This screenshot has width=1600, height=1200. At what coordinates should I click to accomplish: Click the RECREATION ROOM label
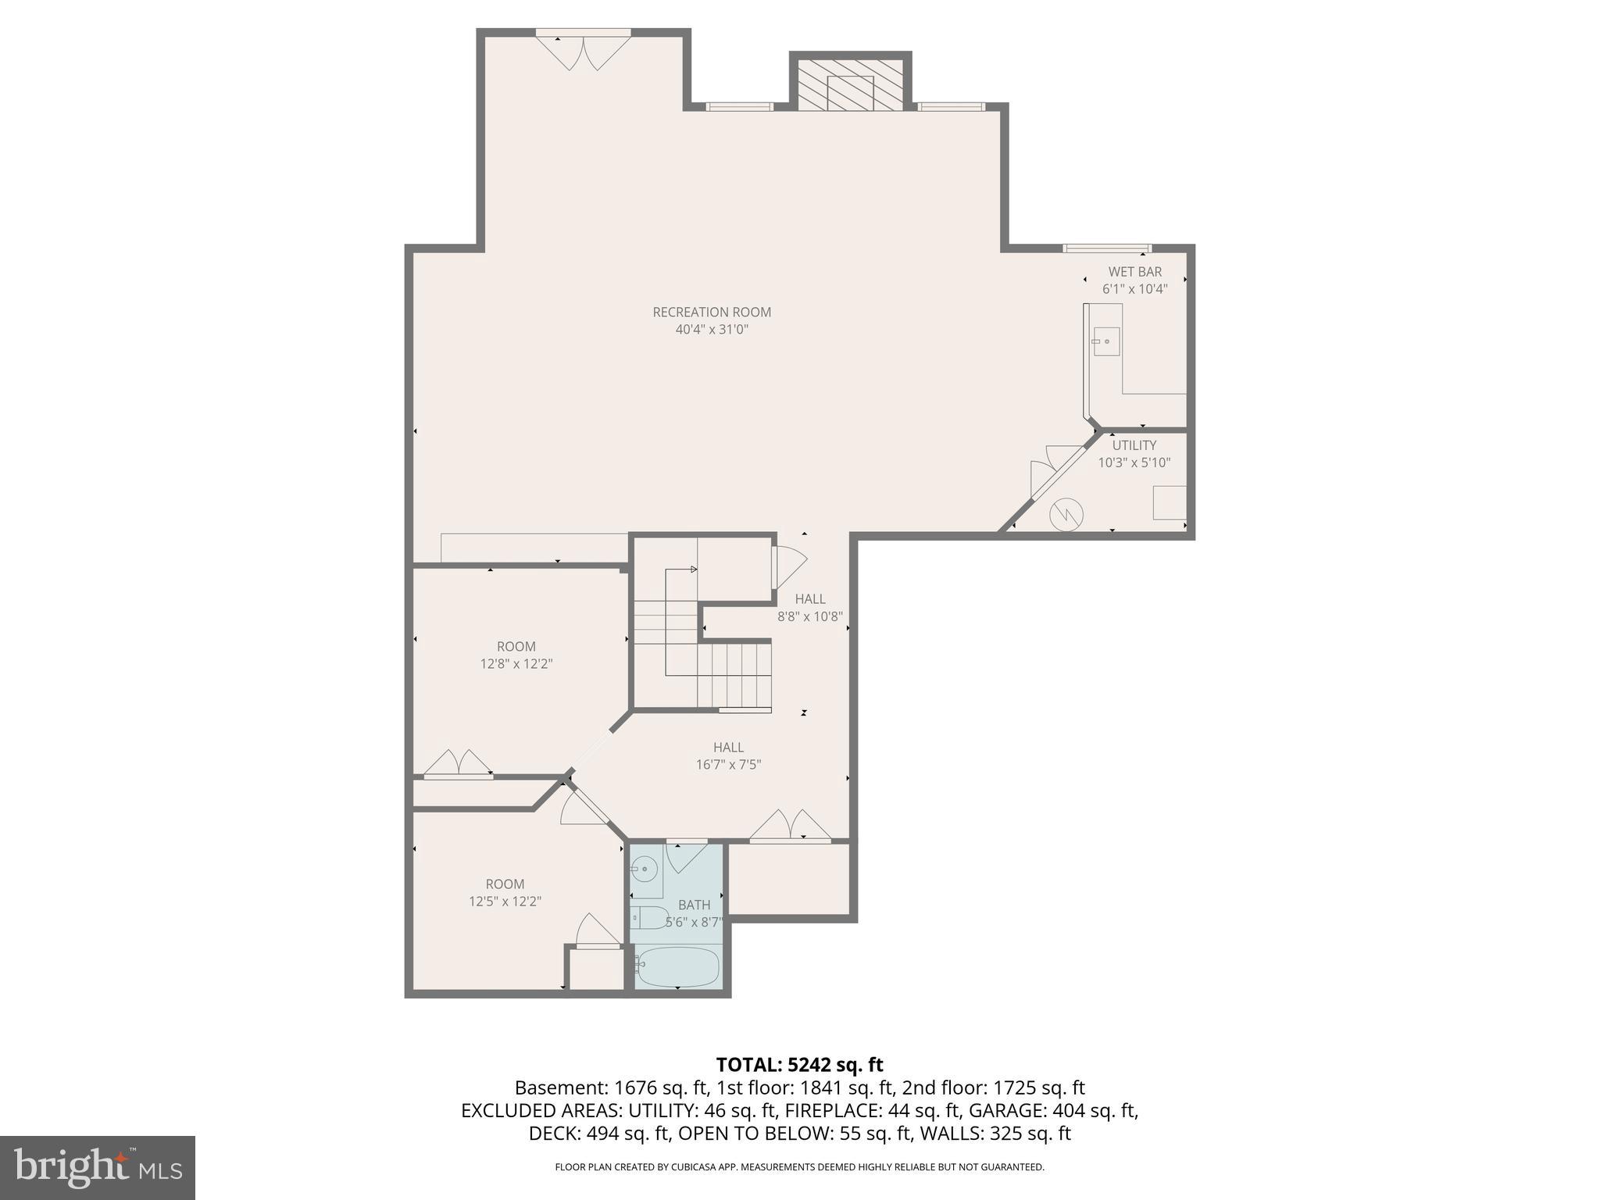[x=712, y=312]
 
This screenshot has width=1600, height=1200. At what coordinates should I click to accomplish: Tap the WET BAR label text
[x=1134, y=272]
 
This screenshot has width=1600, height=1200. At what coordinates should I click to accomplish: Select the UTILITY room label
[x=1134, y=445]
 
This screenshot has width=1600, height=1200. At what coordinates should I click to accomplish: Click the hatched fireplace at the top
[x=850, y=83]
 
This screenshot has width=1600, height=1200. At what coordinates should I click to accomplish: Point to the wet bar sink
[x=1105, y=341]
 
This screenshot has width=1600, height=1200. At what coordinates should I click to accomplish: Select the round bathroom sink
[x=645, y=869]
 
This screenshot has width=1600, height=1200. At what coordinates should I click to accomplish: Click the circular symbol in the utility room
[x=1066, y=514]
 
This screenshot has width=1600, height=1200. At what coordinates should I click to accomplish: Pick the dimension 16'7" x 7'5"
[x=728, y=765]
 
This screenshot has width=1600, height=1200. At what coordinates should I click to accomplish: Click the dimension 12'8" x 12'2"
[x=516, y=664]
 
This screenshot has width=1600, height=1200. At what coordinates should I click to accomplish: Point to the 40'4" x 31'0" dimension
[x=712, y=330]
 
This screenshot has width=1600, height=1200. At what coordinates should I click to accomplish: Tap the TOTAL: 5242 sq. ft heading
[x=799, y=1065]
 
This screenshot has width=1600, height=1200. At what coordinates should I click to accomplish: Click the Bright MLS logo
[x=97, y=1167]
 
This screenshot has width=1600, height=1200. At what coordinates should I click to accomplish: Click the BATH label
[x=694, y=905]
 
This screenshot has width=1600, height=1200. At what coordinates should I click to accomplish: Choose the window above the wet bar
[x=1106, y=248]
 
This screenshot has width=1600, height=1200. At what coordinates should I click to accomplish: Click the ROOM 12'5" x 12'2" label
[x=505, y=892]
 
